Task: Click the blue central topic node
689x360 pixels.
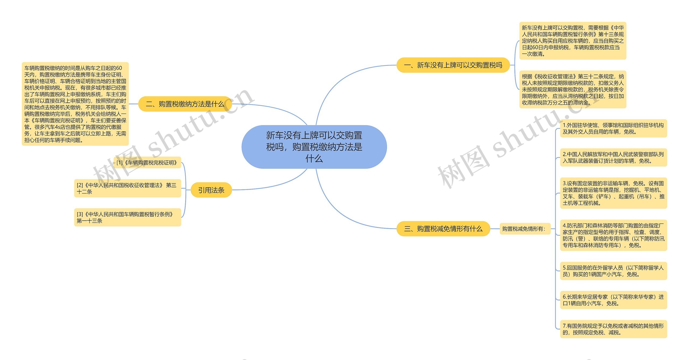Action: [x=314, y=147]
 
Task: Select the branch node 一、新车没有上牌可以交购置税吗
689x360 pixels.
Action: [x=453, y=65]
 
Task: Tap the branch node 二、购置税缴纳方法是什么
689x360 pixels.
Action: [x=185, y=104]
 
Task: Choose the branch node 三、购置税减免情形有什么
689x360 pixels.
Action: [x=443, y=229]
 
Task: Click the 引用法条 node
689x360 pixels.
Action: [x=211, y=190]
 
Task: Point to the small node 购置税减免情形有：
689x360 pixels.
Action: [x=525, y=229]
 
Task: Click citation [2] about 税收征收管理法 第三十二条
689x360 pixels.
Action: [x=127, y=188]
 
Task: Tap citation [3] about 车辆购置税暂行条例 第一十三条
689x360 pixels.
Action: [x=127, y=217]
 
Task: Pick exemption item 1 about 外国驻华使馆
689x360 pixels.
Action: [x=613, y=128]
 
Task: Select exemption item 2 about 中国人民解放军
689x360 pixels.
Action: [x=613, y=157]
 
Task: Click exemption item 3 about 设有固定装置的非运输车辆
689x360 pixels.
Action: [x=613, y=193]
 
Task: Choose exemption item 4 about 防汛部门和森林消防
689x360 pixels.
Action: [x=613, y=235]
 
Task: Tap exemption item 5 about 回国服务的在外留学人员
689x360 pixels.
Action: [x=613, y=271]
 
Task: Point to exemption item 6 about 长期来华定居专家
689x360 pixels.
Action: [x=613, y=300]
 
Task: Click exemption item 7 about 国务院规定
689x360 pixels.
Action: [x=613, y=329]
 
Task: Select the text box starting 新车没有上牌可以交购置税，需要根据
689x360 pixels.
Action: [x=572, y=41]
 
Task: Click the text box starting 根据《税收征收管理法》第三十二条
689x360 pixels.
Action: [x=572, y=90]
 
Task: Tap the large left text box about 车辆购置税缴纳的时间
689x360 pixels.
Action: [x=75, y=104]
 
